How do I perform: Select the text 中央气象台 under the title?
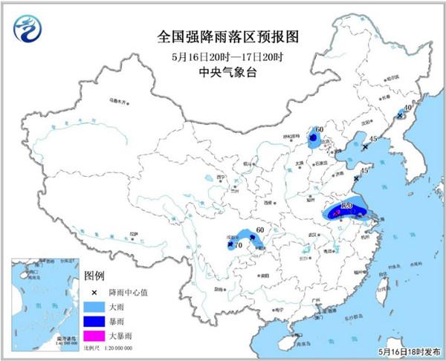[223, 73]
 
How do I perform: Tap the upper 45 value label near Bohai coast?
[373, 139]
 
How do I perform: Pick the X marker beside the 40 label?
[400, 117]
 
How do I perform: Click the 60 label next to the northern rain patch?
[319, 131]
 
